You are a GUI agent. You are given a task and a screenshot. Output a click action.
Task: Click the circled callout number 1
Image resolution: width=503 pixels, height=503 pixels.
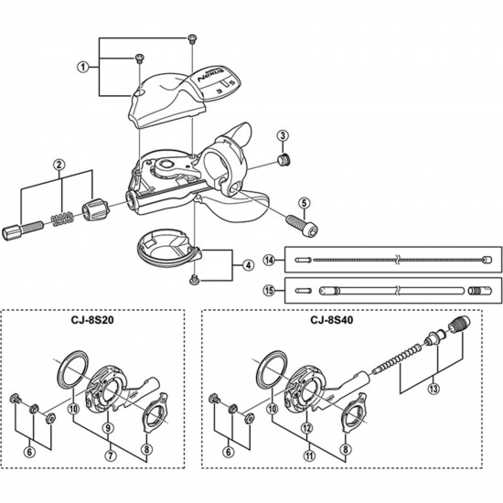[82, 66]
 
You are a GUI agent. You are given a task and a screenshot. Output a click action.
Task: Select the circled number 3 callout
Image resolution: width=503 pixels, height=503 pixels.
[283, 135]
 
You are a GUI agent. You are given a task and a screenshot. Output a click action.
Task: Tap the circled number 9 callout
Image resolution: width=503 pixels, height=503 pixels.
[108, 427]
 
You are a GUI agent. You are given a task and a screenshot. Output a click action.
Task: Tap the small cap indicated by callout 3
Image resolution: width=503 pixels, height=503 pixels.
[283, 162]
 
